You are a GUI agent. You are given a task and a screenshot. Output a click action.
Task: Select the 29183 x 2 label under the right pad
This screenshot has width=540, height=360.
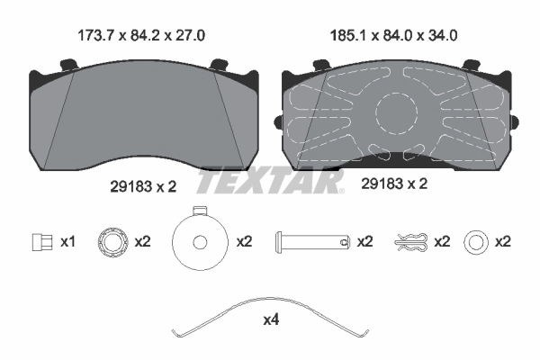(393, 184)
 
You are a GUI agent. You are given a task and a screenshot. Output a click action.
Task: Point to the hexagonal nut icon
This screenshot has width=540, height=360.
(112, 241)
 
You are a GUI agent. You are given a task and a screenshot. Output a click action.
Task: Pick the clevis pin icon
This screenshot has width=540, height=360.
(310, 241)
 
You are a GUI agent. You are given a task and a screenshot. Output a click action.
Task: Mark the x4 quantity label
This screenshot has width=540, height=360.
(272, 320)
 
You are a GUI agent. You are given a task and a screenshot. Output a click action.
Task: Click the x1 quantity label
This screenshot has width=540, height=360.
(67, 241)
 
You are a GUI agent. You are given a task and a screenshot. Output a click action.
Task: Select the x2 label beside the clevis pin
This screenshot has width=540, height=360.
(364, 241)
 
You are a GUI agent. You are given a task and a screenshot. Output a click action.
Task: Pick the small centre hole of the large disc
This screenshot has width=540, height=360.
(199, 241)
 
